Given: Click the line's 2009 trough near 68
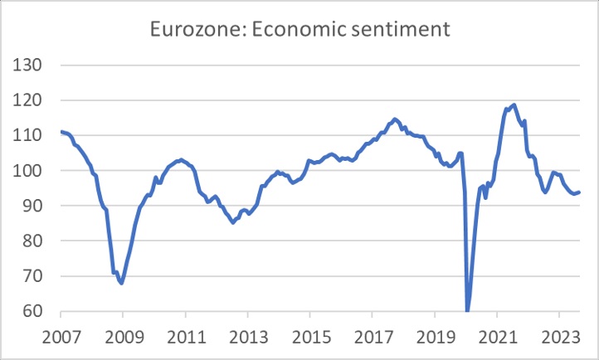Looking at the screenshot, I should point(122,283).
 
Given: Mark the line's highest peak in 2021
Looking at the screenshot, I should point(514,105).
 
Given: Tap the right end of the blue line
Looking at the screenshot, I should point(579,192).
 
